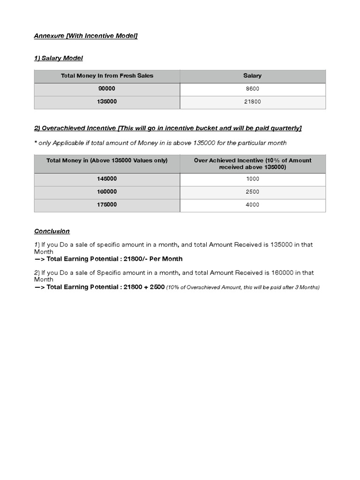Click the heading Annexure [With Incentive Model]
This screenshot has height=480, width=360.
86,36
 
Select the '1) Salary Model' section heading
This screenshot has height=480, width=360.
59,58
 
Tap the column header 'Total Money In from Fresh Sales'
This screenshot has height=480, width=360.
107,75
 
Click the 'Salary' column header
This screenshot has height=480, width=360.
252,75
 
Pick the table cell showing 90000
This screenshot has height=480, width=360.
107,89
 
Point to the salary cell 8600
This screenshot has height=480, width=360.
252,89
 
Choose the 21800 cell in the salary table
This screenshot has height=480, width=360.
252,102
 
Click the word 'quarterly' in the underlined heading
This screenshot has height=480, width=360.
284,128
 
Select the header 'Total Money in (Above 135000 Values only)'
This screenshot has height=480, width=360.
107,160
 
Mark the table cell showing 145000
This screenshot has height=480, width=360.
107,179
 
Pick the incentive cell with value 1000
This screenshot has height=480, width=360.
252,179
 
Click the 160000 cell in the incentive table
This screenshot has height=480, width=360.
107,192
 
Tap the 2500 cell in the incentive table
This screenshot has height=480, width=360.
252,192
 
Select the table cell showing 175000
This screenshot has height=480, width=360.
107,205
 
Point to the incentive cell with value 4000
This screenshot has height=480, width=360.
252,205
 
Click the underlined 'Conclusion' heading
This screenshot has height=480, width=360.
52,231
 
